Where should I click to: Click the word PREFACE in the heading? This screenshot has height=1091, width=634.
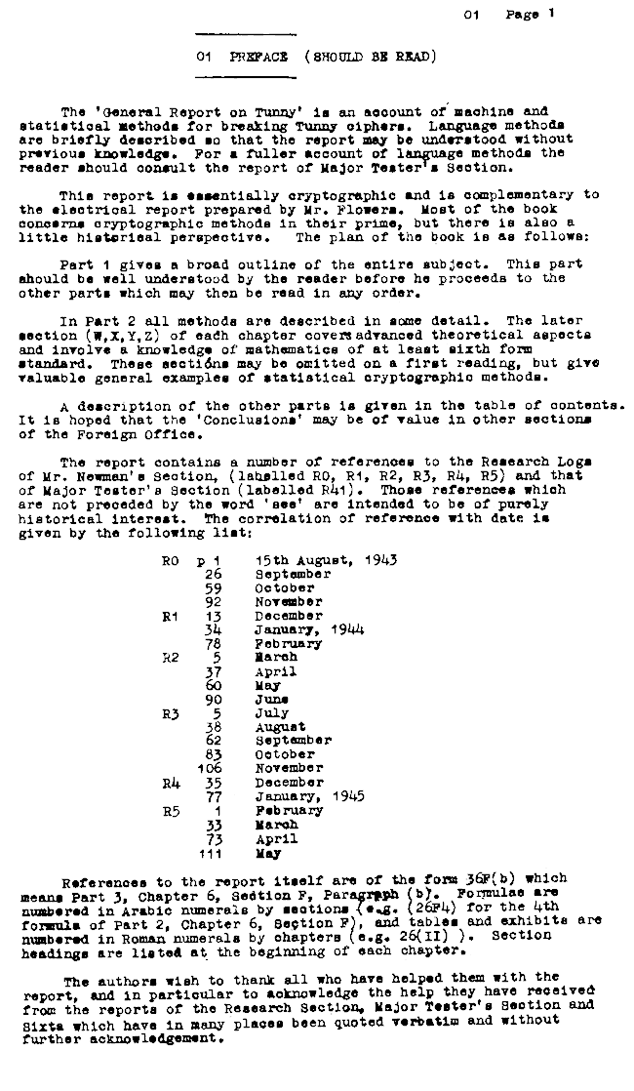(x=248, y=56)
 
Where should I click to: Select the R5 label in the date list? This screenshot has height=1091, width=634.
(x=173, y=809)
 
